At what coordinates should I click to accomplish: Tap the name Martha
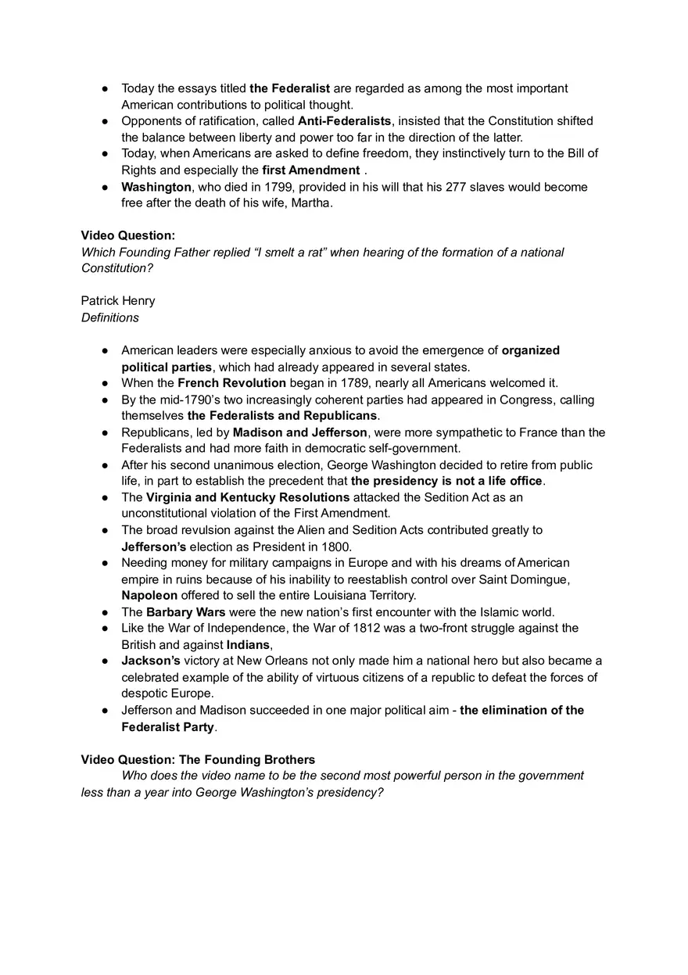[314, 203]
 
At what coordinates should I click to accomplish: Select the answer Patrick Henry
[118, 301]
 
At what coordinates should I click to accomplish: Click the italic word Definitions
[110, 317]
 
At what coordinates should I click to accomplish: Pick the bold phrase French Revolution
[231, 383]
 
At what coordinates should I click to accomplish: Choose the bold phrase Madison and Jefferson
[299, 432]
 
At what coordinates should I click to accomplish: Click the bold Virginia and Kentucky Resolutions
[248, 497]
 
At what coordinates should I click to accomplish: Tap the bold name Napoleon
[149, 596]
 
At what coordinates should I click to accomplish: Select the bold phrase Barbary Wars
[185, 612]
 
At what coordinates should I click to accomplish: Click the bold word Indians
[248, 645]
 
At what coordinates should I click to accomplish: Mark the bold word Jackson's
[151, 661]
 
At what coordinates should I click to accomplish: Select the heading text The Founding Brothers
[247, 760]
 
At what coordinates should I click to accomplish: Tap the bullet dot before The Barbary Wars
[105, 612]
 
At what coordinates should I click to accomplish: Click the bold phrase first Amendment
[310, 170]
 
